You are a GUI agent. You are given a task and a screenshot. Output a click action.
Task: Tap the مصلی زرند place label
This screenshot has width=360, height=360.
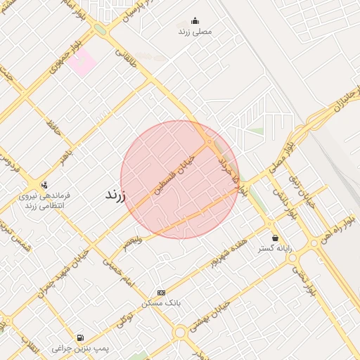(195, 32)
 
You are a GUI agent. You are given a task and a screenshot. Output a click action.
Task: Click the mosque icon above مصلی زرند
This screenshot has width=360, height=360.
(195, 20)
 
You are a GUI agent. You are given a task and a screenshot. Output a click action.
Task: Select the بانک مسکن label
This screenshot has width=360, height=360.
(161, 302)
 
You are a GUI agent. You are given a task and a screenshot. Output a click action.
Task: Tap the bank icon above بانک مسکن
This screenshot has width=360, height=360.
(161, 291)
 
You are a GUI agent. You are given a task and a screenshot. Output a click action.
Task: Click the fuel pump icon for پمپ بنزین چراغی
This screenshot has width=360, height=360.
(79, 337)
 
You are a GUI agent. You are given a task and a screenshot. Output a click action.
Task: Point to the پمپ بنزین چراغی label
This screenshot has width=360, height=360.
(79, 349)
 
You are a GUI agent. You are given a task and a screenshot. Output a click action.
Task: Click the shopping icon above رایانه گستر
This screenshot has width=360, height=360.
(274, 238)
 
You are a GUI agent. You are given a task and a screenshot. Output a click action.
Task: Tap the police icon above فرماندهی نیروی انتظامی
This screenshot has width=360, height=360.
(44, 185)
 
